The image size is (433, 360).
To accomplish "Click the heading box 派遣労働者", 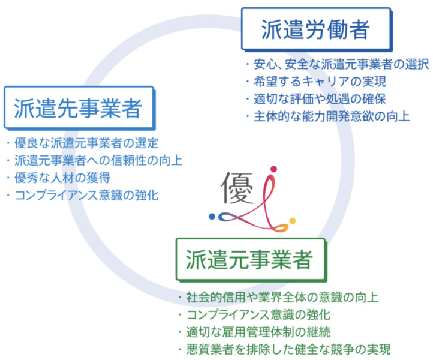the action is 317,29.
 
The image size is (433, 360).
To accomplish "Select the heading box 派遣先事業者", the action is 80,108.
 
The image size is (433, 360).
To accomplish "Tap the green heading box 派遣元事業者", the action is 251,260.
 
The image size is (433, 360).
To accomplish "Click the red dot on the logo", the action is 273,169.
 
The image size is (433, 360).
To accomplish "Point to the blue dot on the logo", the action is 212,217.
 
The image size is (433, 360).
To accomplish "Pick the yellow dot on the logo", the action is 293,221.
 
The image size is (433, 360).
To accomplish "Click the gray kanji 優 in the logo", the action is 237,188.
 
